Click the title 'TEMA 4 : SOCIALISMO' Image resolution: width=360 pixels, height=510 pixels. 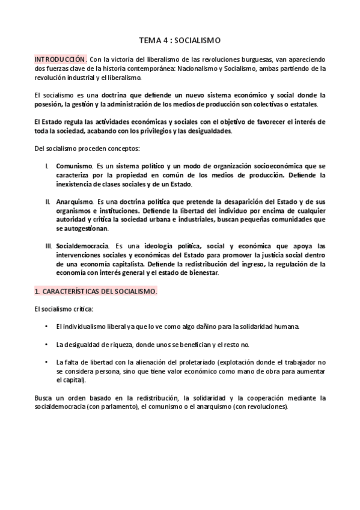pyautogui.click(x=180, y=40)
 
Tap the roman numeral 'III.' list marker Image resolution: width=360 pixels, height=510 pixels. pyautogui.click(x=49, y=247)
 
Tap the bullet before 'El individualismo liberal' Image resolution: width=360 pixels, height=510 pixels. pyautogui.click(x=47, y=327)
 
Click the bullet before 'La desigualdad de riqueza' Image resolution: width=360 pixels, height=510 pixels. pyautogui.click(x=47, y=345)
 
